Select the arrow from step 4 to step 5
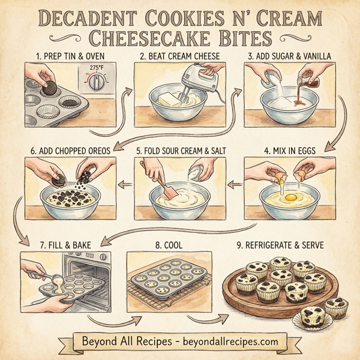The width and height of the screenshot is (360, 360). pos(236,182)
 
